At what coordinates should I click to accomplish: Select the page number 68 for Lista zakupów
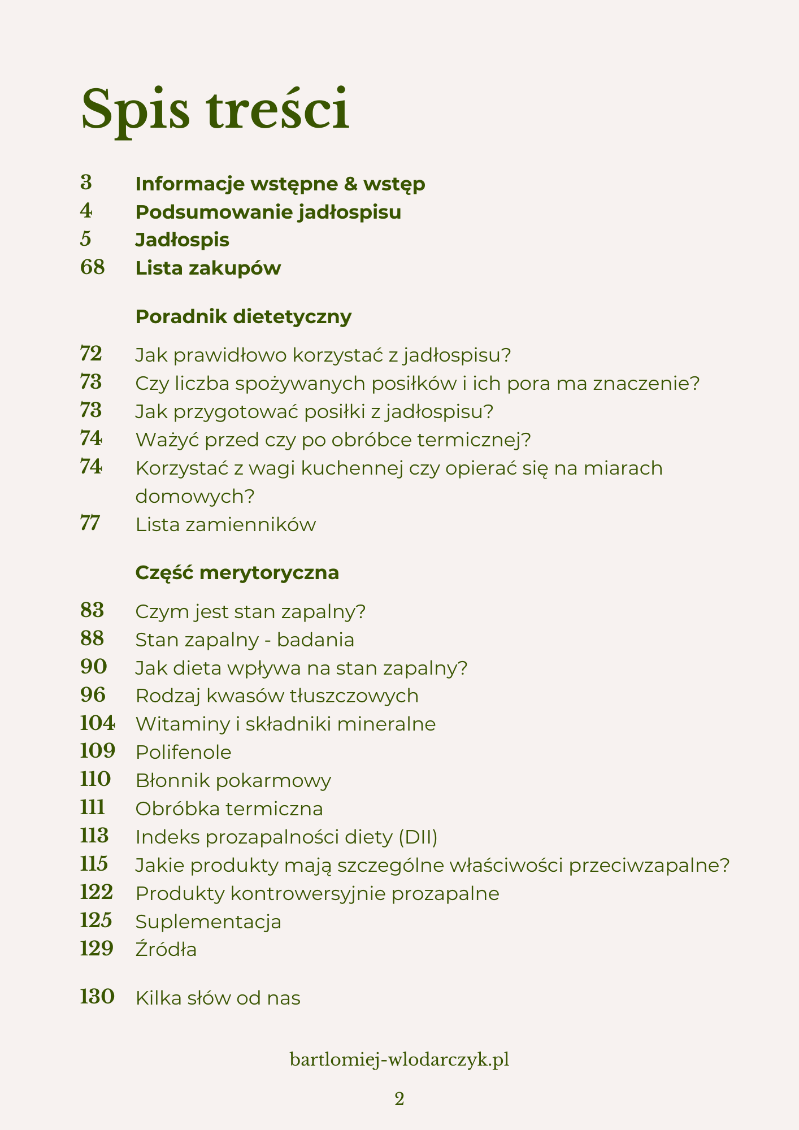(93, 267)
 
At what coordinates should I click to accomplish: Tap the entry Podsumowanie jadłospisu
(268, 212)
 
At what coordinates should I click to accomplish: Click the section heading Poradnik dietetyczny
(244, 316)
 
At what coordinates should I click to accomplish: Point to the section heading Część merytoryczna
(237, 572)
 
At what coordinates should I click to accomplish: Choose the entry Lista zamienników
(225, 524)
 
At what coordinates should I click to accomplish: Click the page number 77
(90, 523)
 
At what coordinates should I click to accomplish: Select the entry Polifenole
(184, 752)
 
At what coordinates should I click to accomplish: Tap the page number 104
(97, 723)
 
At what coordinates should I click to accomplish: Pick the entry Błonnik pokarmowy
(233, 780)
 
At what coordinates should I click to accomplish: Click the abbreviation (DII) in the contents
(418, 837)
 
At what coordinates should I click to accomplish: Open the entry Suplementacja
(209, 922)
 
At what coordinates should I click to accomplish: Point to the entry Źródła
(166, 949)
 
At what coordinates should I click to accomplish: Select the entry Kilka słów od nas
(218, 998)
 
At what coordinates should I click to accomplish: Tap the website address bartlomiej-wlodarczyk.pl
(399, 1059)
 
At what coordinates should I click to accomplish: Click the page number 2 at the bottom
(399, 1099)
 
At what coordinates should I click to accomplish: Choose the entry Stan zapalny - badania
(245, 640)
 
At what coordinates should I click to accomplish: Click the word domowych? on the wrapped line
(196, 496)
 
